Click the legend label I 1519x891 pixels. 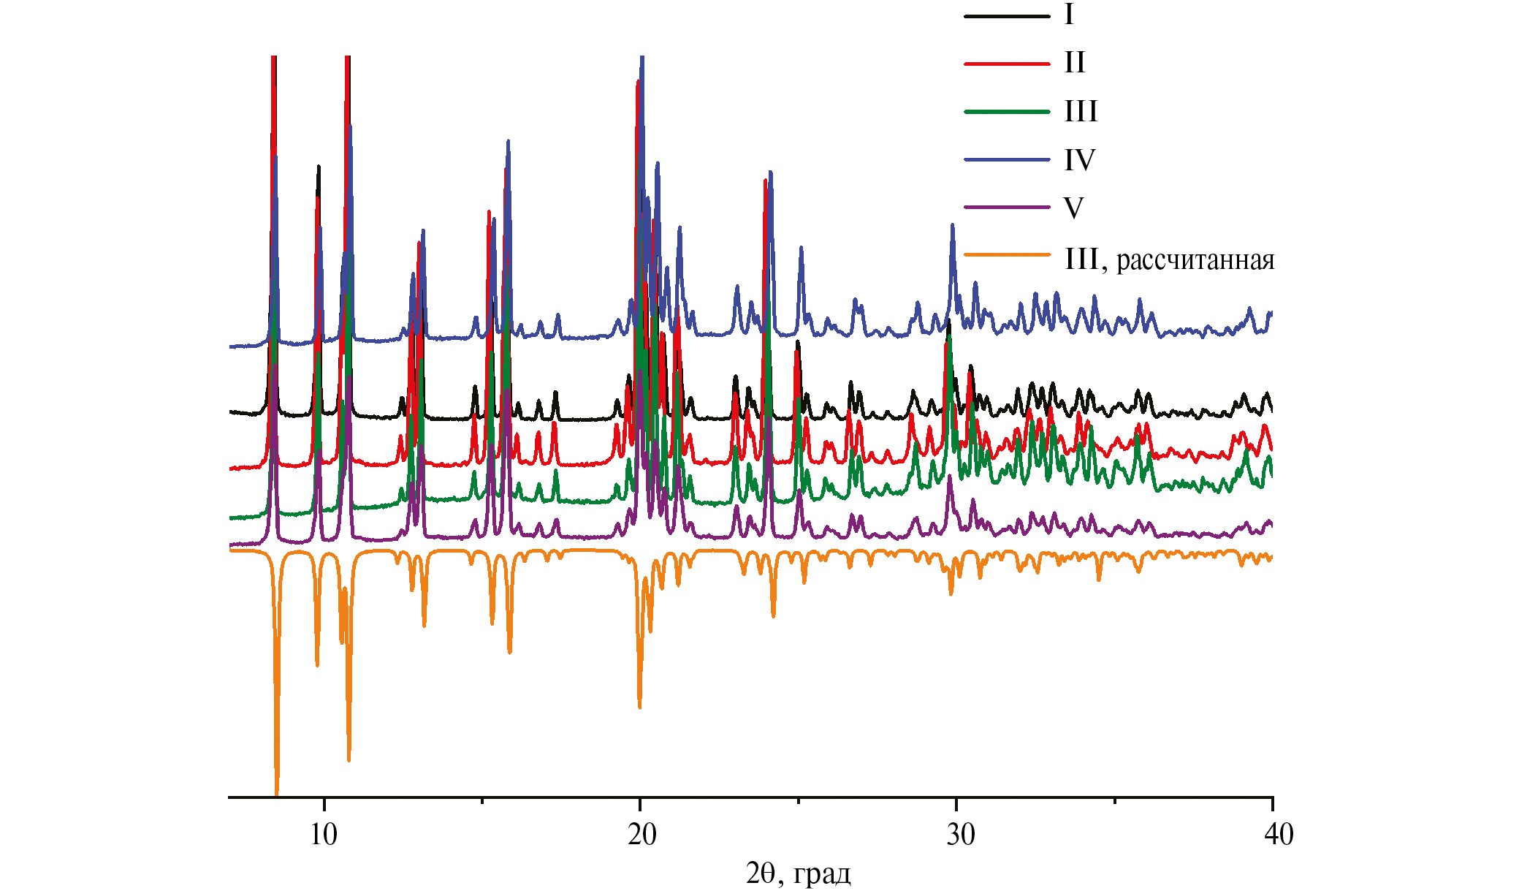(1069, 15)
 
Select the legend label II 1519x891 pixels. (1074, 63)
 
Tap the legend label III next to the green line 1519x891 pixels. (1081, 112)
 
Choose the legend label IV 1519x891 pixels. (1079, 160)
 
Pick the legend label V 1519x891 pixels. (1073, 208)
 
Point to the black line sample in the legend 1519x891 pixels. (1007, 15)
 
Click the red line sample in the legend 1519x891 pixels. (1007, 64)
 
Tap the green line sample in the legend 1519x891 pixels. (1007, 112)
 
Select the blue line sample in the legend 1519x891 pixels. (1007, 159)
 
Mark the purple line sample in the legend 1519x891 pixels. (1007, 208)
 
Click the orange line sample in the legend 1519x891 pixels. (1007, 255)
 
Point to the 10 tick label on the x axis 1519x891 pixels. (324, 835)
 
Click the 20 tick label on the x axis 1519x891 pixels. (642, 835)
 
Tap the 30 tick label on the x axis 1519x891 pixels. (960, 835)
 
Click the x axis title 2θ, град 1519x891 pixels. (798, 873)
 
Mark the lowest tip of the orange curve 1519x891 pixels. (276, 795)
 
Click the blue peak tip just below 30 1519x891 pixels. (952, 225)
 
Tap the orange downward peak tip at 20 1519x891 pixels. (639, 707)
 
